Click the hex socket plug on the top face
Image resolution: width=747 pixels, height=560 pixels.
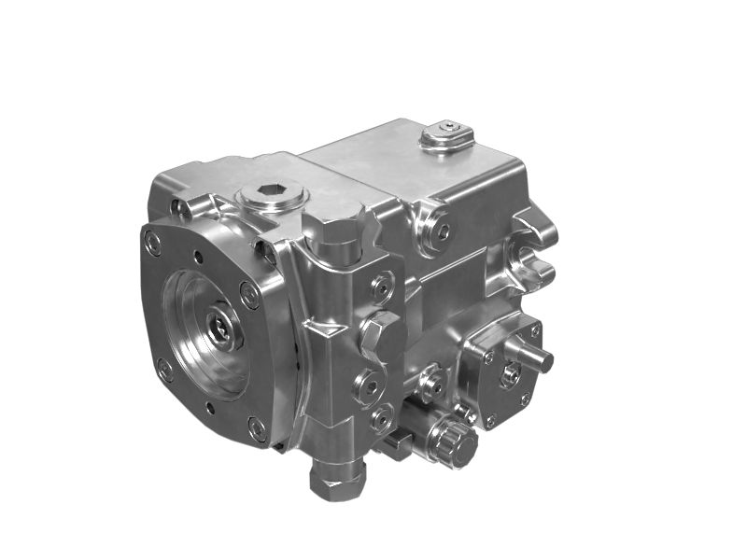pyautogui.click(x=272, y=197)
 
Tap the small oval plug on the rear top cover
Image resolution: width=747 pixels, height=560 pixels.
pyautogui.click(x=448, y=135)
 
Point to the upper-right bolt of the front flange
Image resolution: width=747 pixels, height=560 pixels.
pyautogui.click(x=249, y=297)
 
